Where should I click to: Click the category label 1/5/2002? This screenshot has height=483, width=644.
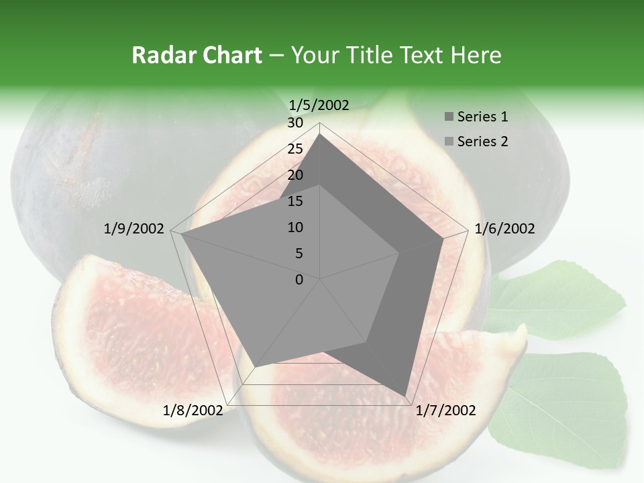coord(319,105)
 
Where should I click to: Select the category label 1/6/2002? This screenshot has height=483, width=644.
coord(504,229)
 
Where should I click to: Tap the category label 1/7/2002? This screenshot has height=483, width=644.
coord(446,410)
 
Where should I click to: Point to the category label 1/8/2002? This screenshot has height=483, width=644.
coord(193,410)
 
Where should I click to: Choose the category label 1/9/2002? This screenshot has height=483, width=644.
coord(134,229)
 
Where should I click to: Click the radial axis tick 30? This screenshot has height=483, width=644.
coord(295,123)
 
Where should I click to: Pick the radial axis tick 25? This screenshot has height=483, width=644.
coord(295,149)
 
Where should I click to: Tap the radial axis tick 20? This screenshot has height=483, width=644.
coord(295,175)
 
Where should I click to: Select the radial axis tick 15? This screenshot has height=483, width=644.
coord(295,201)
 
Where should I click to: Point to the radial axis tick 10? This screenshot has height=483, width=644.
coord(295,227)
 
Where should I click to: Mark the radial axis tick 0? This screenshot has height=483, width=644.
coord(299,280)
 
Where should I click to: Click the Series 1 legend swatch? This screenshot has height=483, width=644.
coord(449,117)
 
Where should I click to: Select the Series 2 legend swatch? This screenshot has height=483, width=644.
coord(449,142)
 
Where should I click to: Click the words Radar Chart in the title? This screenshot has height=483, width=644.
coord(197,55)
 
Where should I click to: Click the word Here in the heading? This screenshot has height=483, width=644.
coord(476,55)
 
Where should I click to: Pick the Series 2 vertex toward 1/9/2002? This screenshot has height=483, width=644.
coord(181,233)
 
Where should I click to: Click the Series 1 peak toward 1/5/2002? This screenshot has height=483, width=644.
coord(320,133)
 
